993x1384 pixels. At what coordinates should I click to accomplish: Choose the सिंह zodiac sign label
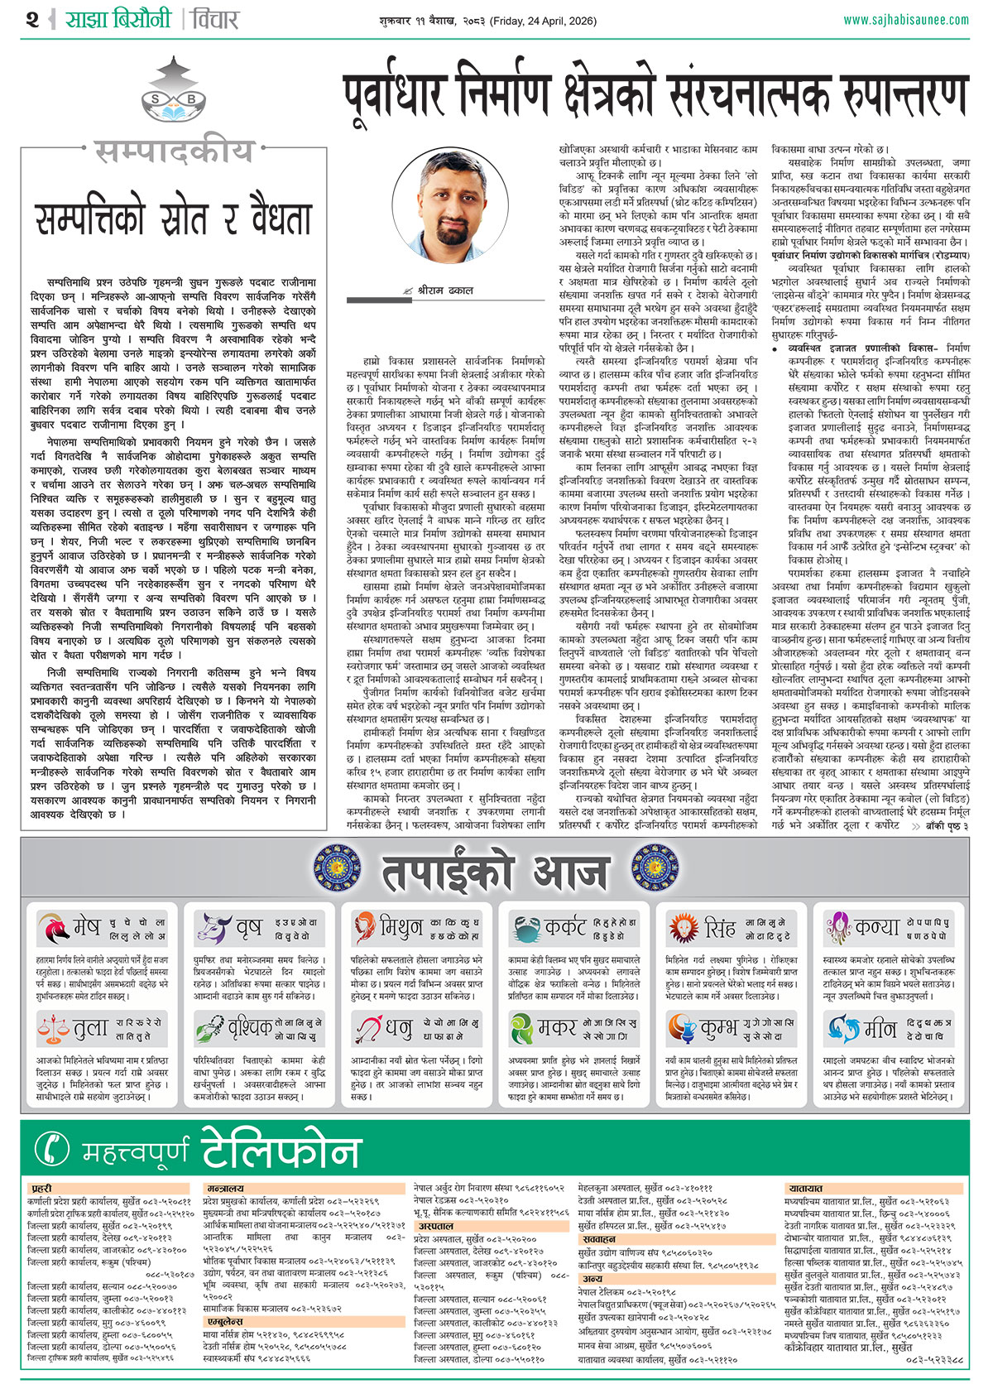[719, 928]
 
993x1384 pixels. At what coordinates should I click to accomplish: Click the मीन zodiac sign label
[880, 1029]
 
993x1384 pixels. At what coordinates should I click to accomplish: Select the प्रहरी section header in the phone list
[41, 1189]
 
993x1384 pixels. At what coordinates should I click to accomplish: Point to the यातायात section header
[805, 1189]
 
